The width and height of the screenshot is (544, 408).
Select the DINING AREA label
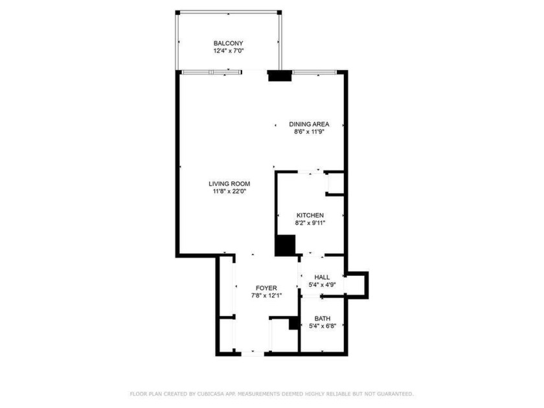coord(309,124)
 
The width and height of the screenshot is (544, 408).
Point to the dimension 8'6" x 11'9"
coord(309,131)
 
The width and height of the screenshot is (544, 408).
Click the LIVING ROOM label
coord(229,183)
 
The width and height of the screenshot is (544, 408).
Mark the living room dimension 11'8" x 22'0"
coord(229,191)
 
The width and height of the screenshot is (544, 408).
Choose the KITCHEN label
coord(310,215)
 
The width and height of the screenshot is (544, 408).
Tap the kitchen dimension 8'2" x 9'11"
coord(310,223)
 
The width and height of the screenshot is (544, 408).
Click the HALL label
coord(322,277)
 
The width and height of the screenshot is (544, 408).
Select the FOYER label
coord(266,288)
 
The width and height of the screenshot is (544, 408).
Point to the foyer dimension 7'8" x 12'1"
coord(266,295)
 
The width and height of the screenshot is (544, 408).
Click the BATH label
coord(322,318)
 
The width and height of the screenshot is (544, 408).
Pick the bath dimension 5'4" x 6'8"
coord(322,326)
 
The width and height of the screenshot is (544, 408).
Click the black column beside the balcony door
coord(280,76)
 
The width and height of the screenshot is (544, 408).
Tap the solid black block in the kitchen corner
coord(285,245)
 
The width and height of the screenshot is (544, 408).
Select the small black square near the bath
coord(293,324)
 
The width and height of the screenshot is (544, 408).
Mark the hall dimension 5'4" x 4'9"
coord(322,284)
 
